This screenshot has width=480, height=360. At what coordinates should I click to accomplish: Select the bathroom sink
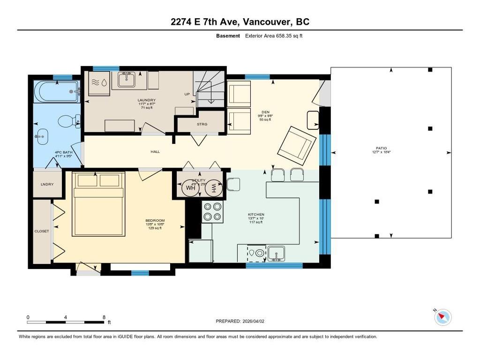click(41, 137)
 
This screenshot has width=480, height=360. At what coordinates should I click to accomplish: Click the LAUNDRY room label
click(146, 100)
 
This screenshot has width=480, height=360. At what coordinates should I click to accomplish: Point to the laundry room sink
click(127, 80)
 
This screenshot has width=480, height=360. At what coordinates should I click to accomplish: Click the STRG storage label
click(202, 124)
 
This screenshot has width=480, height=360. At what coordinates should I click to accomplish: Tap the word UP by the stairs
click(187, 94)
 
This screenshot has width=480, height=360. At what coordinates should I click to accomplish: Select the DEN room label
click(265, 112)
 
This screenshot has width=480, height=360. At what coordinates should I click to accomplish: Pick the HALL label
click(155, 151)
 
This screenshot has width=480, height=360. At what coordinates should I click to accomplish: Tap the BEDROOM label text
click(155, 220)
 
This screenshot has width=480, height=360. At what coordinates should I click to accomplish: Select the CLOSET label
click(42, 231)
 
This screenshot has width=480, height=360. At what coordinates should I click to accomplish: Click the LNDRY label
click(47, 184)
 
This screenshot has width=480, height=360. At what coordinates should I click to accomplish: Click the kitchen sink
click(277, 254)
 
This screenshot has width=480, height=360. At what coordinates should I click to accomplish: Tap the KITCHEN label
click(256, 214)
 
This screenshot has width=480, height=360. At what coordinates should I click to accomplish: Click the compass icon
click(442, 317)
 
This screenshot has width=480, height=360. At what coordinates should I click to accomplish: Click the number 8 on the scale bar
click(104, 317)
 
